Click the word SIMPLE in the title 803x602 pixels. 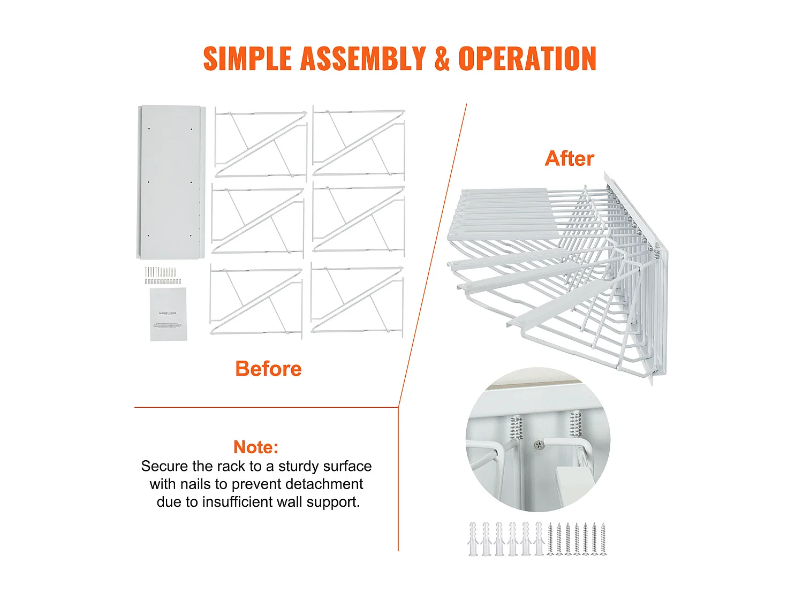click(247, 58)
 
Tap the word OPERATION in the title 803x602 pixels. click(527, 58)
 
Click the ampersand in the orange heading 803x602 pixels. click(442, 58)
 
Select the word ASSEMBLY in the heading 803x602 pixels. click(363, 58)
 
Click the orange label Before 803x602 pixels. click(268, 369)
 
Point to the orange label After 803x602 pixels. click(569, 158)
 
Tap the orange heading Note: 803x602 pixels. click(256, 447)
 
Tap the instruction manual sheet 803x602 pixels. click(169, 314)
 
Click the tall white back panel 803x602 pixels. click(171, 182)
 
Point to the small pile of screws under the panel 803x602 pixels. click(163, 275)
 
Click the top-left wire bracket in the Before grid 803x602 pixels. click(261, 143)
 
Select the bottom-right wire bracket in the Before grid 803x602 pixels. click(357, 300)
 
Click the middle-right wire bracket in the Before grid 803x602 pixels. click(359, 219)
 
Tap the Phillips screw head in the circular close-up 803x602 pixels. click(539, 445)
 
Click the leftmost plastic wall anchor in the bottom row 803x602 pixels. click(473, 539)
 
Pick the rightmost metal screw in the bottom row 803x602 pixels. click(603, 539)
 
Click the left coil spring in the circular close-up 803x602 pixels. click(516, 428)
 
